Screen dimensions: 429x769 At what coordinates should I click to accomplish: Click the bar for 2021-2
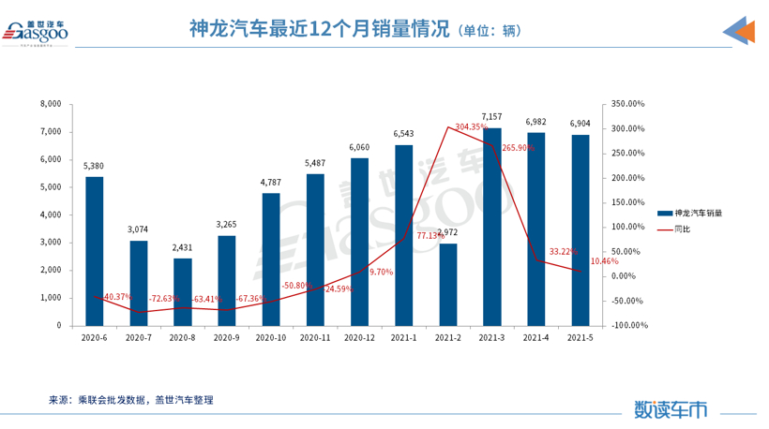point(448,284)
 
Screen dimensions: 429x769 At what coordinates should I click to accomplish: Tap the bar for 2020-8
point(183,291)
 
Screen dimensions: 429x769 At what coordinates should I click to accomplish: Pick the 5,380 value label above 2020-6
point(95,167)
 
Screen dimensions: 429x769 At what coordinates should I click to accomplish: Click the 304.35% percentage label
point(471,126)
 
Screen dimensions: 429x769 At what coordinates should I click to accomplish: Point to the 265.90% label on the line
point(519,148)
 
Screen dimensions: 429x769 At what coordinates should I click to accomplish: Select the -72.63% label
point(165,299)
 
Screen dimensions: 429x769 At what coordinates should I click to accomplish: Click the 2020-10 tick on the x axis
point(271,337)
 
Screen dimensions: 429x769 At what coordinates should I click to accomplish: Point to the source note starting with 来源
point(131,400)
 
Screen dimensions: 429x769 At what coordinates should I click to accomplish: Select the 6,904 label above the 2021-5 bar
point(581,124)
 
